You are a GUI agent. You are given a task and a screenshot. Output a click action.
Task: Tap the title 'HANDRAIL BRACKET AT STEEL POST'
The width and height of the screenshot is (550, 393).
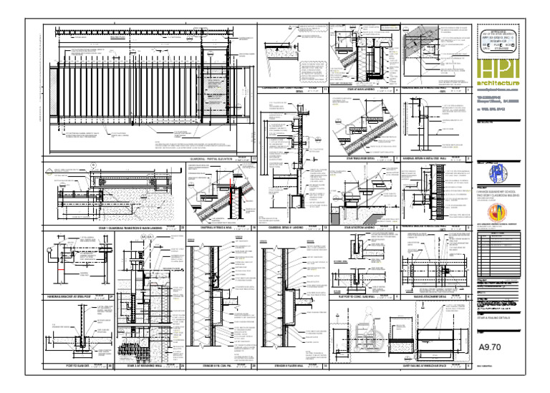69,296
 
